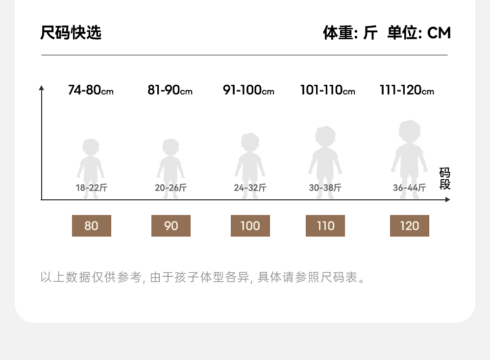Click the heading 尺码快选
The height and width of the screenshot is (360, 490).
tap(71, 33)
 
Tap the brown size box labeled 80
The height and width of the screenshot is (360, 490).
tap(92, 226)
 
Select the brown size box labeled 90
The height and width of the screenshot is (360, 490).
tap(171, 226)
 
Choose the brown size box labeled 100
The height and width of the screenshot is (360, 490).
tap(250, 226)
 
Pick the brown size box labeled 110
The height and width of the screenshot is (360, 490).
tap(325, 226)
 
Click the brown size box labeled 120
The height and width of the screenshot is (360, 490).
tap(410, 226)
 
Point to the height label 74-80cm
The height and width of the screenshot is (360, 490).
tap(91, 91)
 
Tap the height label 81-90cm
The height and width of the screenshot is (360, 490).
tap(170, 91)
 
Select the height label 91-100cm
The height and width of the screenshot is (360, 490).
tap(248, 91)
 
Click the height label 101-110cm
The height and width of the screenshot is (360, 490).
tap(327, 91)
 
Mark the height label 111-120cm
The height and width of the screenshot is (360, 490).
tap(407, 91)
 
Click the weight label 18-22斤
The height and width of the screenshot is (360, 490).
tap(91, 188)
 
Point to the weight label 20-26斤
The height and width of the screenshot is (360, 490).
tap(171, 188)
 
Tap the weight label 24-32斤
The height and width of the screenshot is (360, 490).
tap(250, 188)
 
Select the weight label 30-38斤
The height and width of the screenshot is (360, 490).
tap(325, 188)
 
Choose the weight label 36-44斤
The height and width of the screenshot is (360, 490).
tap(409, 188)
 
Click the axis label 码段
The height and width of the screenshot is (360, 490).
tap(444, 179)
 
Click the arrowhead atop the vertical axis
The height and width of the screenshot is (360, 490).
tap(42, 88)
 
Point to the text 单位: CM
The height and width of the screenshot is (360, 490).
tap(419, 33)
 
